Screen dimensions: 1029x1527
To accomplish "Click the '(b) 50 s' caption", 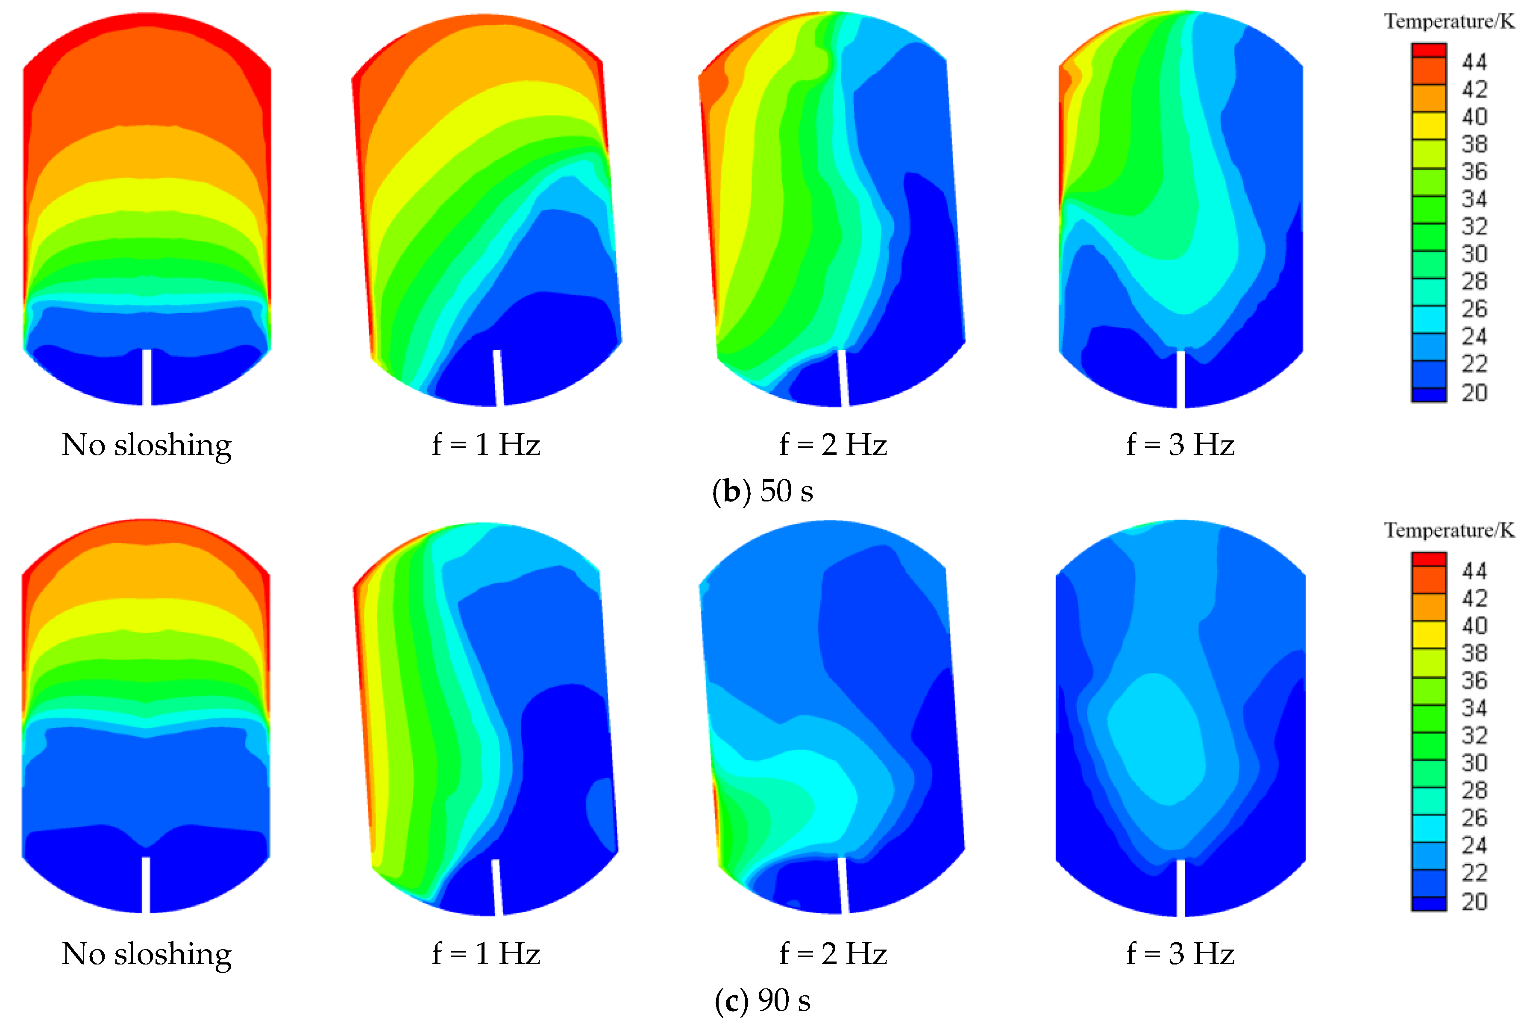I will pyautogui.click(x=763, y=491).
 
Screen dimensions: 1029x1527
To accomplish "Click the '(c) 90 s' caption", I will pyautogui.click(x=763, y=1000).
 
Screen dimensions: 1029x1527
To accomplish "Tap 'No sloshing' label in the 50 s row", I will pyautogui.click(x=147, y=445).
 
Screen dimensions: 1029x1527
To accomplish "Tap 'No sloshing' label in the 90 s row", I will pyautogui.click(x=147, y=953).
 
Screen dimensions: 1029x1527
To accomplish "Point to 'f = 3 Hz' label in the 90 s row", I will pyautogui.click(x=1180, y=953).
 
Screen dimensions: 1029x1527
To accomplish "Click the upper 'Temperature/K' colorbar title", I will pyautogui.click(x=1449, y=22).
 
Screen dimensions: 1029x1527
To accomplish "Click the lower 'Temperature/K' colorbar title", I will pyautogui.click(x=1449, y=530).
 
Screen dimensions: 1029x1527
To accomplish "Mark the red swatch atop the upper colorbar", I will pyautogui.click(x=1429, y=50).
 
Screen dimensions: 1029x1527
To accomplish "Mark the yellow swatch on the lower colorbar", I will pyautogui.click(x=1429, y=634).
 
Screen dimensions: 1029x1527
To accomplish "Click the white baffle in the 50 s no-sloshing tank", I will pyautogui.click(x=147, y=377).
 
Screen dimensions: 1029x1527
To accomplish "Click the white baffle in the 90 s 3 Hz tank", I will pyautogui.click(x=1180, y=887).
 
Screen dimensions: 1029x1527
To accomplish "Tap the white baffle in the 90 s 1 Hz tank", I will pyautogui.click(x=497, y=887).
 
